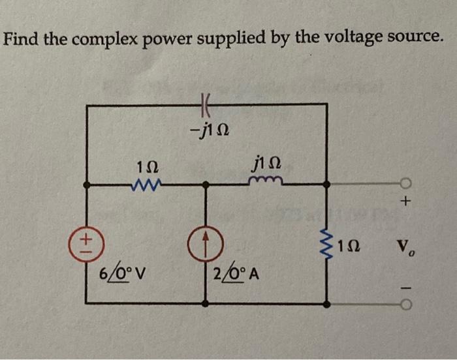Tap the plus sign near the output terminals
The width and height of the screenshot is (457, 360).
[405, 205]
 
